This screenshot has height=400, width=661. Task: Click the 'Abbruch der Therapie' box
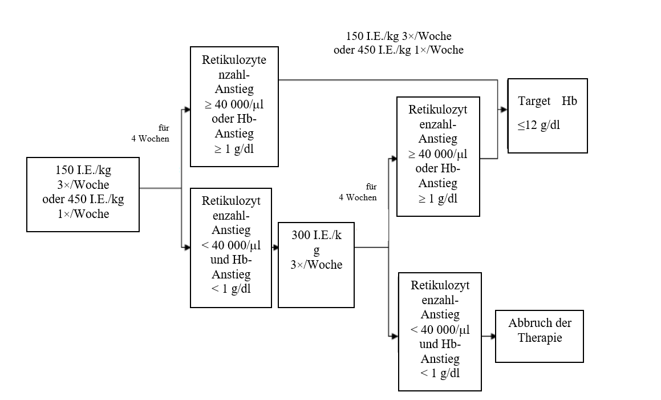[x=540, y=337]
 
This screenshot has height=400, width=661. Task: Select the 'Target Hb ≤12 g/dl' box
[x=548, y=116]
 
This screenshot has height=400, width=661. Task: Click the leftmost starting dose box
[x=83, y=195]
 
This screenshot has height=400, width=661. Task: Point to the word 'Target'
[x=534, y=102]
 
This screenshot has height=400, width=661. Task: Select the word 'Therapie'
[x=540, y=338]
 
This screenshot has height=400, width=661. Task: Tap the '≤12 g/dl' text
[x=539, y=126]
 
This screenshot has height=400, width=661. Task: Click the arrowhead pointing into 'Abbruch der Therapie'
[x=491, y=337]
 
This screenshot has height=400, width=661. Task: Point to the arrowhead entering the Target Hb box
[x=504, y=110]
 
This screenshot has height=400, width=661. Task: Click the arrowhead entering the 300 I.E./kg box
[x=274, y=248]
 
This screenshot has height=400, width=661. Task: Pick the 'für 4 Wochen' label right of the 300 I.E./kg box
[x=358, y=192]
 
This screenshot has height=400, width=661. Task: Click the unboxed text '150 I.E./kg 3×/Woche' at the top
[x=399, y=37]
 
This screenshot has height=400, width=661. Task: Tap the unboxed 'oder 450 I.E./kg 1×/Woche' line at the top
[x=399, y=50]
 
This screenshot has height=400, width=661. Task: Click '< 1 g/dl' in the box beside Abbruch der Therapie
[x=440, y=373]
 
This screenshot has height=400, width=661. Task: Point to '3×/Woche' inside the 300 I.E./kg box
[x=317, y=265]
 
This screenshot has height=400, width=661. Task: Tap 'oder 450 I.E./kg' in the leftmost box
[x=83, y=200]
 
